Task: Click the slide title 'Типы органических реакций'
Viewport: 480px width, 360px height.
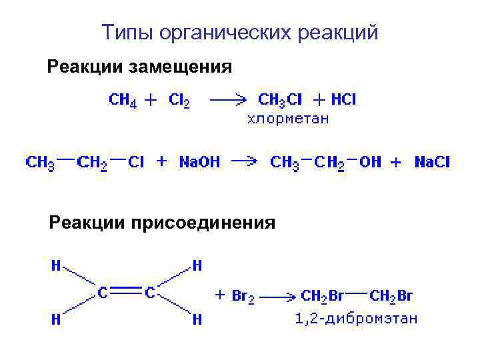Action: [240, 31]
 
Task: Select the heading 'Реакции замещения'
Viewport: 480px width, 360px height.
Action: [139, 67]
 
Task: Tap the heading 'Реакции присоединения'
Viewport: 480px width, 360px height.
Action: [161, 223]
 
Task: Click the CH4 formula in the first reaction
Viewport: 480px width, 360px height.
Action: [123, 100]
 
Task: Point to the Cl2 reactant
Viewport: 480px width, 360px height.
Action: [179, 100]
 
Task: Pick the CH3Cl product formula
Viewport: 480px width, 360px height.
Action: [280, 100]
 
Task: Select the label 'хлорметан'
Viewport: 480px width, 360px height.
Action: [289, 119]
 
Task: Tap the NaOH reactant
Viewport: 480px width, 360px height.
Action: [199, 162]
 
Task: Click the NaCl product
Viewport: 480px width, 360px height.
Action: [432, 162]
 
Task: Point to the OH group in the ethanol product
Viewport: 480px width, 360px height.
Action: [370, 162]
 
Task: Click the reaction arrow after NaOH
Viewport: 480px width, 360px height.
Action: [244, 162]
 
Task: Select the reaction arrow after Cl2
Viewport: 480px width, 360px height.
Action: [228, 100]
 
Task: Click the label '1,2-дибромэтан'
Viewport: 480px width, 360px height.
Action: [357, 319]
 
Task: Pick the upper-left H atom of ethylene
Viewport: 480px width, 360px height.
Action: [57, 266]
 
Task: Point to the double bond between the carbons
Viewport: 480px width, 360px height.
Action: [125, 291]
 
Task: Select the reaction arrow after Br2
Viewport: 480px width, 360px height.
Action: [278, 296]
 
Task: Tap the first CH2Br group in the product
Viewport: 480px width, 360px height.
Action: [322, 296]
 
